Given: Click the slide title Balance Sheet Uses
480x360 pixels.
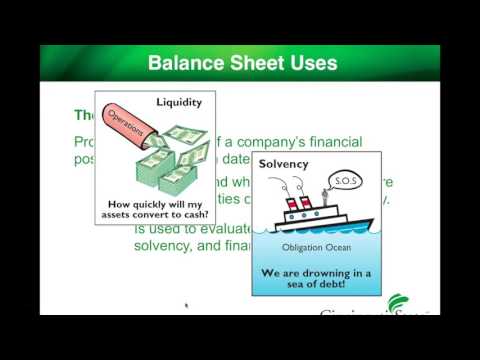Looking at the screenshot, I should (242, 63).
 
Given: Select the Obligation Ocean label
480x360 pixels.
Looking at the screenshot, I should (317, 246).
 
